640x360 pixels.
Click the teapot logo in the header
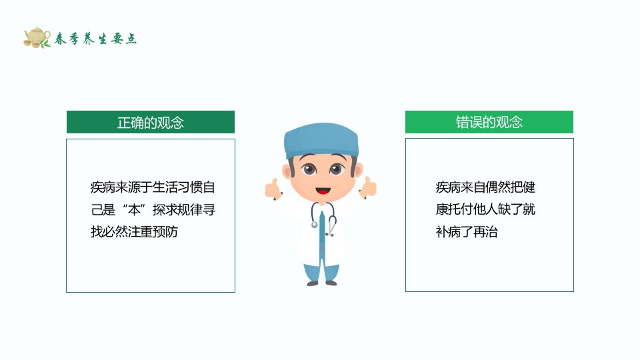(x=37, y=37)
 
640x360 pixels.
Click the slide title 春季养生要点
(x=95, y=39)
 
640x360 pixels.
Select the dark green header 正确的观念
(x=151, y=122)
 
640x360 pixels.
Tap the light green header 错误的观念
(x=489, y=122)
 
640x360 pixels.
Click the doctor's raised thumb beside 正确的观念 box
(x=271, y=189)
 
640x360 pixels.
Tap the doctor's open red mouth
(x=321, y=189)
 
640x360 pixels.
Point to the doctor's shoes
(x=321, y=283)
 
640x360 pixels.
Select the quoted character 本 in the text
(x=136, y=210)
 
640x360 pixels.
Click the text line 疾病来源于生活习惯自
(x=153, y=187)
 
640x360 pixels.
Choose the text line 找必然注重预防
(x=134, y=233)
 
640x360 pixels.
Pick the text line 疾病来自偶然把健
(x=485, y=187)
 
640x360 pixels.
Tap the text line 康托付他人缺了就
(x=485, y=210)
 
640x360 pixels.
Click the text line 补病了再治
(x=467, y=233)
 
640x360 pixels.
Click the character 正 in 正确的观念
(x=123, y=123)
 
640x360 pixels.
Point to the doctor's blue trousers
(x=321, y=270)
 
